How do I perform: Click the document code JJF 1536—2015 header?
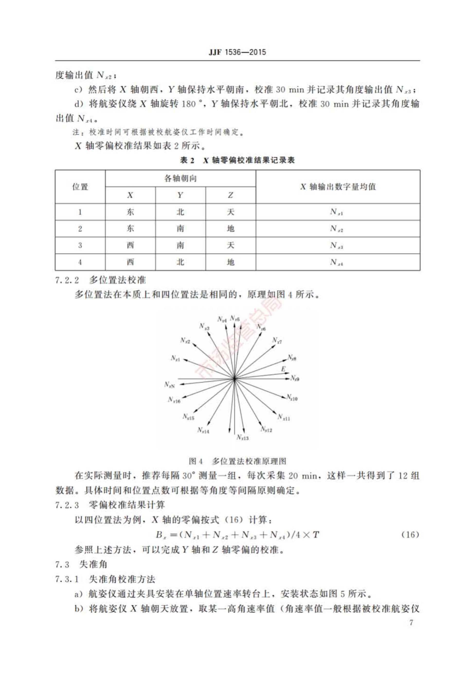pos(237,52)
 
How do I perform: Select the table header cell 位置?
pos(80,187)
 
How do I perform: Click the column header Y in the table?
pos(180,195)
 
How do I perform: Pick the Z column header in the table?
pos(231,195)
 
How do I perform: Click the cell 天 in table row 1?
pos(231,212)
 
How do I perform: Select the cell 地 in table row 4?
pos(231,262)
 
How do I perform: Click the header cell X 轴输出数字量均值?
pos(338,187)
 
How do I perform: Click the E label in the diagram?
pos(283,369)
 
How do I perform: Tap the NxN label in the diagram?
pos(170,385)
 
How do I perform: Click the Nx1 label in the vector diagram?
pos(175,358)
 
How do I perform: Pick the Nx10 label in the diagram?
pos(292,398)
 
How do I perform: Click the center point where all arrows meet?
pos(234,379)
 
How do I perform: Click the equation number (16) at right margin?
pos(410,535)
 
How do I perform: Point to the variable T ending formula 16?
pos(316,535)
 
